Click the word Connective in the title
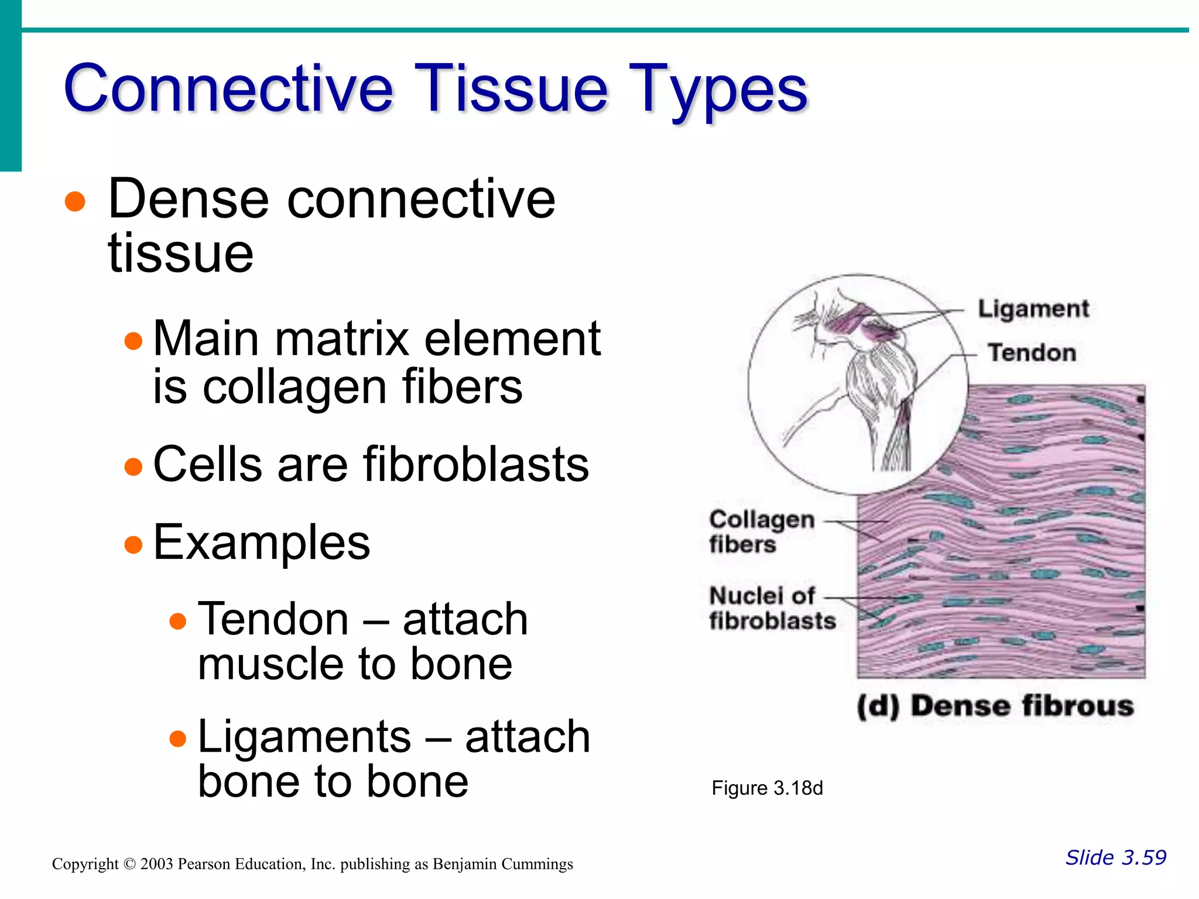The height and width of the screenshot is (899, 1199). (x=228, y=89)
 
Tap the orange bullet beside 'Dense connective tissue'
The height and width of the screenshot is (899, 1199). (x=75, y=202)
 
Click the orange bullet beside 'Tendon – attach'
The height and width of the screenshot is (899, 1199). (x=178, y=621)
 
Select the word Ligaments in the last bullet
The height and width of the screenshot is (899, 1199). (x=304, y=737)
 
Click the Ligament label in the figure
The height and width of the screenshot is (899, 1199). (x=1033, y=309)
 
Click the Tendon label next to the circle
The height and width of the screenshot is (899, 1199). (x=1032, y=353)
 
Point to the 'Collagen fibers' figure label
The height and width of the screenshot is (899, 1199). (x=760, y=531)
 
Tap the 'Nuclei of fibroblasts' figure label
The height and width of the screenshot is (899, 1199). (x=771, y=608)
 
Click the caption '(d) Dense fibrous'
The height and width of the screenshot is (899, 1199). (x=995, y=706)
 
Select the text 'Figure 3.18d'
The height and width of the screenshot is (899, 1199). (x=767, y=788)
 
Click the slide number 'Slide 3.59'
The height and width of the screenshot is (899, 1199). (x=1115, y=857)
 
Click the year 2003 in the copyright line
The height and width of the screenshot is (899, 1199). (x=157, y=864)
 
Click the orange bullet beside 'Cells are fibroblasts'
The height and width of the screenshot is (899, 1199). (x=133, y=466)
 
